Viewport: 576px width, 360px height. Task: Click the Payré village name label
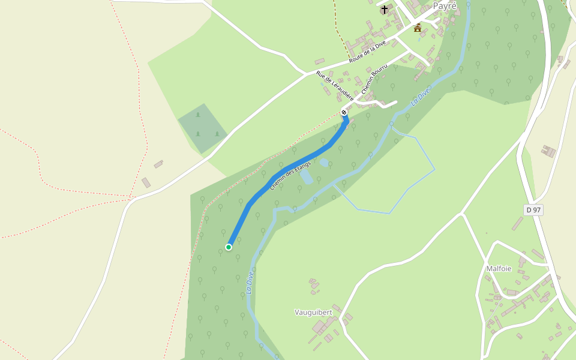point(444,6)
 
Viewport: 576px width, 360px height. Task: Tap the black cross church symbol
point(385,10)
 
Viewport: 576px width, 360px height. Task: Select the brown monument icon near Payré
point(418,28)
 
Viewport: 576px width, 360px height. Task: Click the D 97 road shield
point(533,209)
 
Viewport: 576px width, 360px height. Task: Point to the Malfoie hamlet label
point(499,268)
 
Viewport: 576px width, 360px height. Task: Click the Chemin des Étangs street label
point(290,175)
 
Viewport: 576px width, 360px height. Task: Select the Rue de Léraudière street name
point(335,85)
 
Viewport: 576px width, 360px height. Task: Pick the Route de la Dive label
point(368,52)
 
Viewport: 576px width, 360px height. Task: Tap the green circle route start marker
point(229,247)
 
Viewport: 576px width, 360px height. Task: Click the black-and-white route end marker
point(344,112)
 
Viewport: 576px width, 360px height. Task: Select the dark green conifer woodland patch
point(202,128)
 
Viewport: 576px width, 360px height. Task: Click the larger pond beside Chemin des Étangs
point(306,177)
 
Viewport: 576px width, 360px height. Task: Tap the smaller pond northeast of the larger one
point(324,162)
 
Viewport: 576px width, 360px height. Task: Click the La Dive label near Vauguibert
point(250,283)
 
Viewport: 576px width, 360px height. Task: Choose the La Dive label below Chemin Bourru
point(422,96)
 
